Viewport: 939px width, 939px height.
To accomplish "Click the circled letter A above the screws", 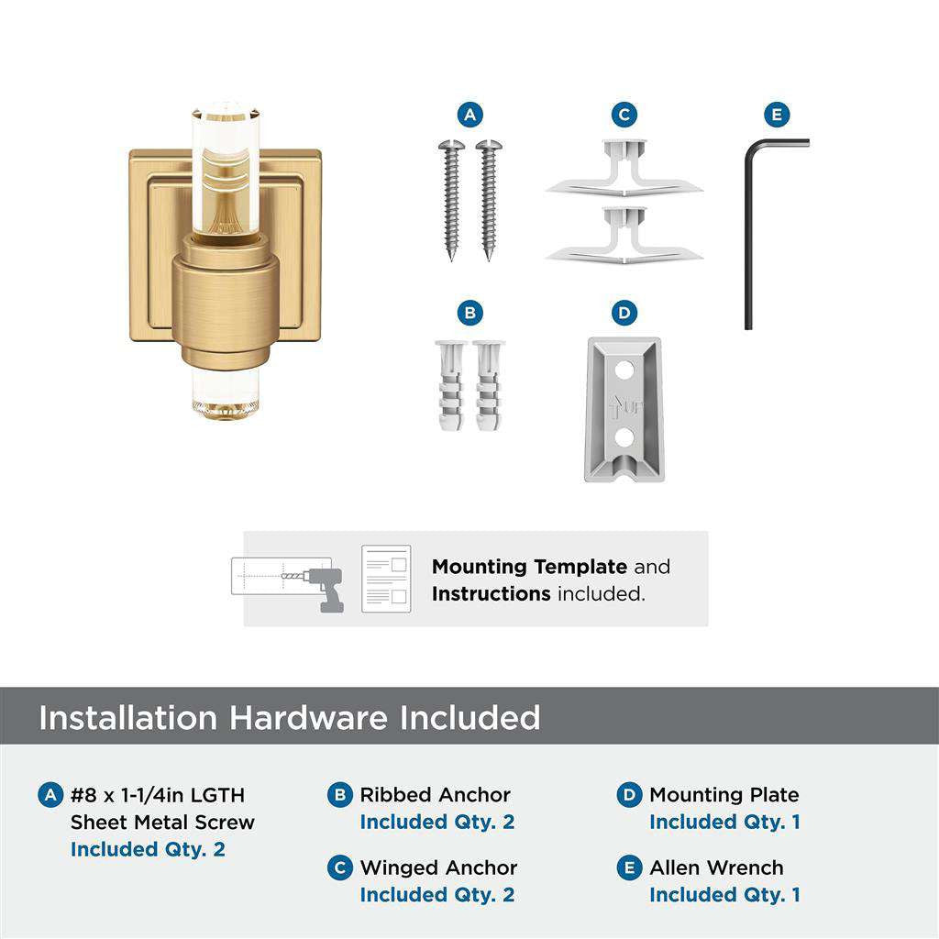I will [x=469, y=115].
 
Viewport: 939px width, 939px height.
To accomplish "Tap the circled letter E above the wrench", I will [x=777, y=115].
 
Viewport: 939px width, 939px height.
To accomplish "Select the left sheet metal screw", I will [x=451, y=197].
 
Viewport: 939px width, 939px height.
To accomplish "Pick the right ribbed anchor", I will [x=489, y=386].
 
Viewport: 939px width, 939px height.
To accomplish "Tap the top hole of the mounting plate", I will [x=624, y=371].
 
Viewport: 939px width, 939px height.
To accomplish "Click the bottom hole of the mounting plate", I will [x=624, y=437].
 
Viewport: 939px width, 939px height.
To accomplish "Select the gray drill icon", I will [x=323, y=588].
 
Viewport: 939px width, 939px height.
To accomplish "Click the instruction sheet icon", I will [x=385, y=579].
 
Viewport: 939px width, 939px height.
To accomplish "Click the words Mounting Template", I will [x=529, y=567].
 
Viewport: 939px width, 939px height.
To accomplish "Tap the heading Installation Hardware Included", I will [x=289, y=717].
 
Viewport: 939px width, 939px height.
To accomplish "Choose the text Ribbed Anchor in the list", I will [x=435, y=795].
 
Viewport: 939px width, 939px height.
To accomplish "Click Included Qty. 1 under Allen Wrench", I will [x=724, y=894].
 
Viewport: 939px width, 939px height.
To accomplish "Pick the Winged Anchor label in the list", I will [x=438, y=867].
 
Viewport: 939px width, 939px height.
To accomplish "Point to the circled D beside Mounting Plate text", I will [x=629, y=795].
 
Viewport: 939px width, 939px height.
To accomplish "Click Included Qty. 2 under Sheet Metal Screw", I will [x=148, y=849].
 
